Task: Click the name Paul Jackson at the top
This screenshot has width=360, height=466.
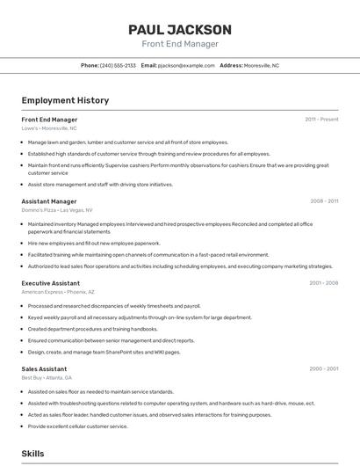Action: [179, 29]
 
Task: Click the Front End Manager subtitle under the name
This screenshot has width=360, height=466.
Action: [179, 44]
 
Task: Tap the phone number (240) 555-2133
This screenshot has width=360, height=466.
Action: [118, 65]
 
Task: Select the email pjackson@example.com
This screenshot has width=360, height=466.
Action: [186, 65]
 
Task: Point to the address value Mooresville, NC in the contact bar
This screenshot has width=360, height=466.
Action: [262, 65]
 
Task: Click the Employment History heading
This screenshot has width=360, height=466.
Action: [65, 100]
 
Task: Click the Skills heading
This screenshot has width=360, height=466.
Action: [33, 454]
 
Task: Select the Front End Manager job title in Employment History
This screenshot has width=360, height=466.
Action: [49, 120]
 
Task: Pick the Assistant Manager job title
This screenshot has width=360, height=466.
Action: [49, 201]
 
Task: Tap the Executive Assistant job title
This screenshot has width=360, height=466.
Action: [51, 283]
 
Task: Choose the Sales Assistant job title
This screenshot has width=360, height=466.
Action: [44, 368]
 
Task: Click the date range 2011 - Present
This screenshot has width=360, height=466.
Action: [321, 120]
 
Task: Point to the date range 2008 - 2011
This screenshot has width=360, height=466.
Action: [323, 201]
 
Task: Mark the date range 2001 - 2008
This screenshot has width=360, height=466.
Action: [323, 283]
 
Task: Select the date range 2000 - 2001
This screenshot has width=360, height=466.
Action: [323, 368]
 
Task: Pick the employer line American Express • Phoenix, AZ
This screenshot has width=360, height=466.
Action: [58, 292]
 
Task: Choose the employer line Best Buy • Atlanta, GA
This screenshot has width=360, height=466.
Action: [47, 377]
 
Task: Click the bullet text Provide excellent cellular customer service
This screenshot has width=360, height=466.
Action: [77, 426]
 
